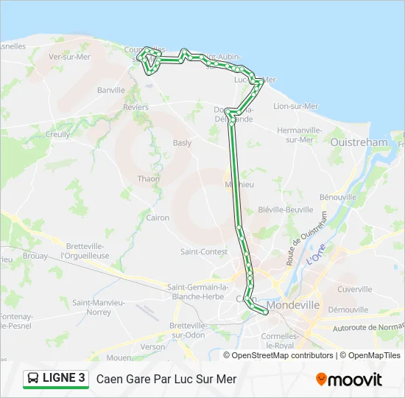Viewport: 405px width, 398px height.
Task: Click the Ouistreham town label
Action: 359,142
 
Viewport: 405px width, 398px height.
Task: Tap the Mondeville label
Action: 293,304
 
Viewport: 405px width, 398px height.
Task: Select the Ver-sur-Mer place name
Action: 69,57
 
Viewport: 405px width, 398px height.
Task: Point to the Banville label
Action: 111,91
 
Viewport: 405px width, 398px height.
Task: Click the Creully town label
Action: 57,134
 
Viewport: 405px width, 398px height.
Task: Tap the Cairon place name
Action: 158,217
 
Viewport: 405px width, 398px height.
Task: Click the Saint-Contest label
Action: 203,251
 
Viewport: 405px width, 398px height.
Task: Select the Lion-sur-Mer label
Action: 295,106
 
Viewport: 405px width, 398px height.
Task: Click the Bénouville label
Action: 338,197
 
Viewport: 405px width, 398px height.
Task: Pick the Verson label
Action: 153,346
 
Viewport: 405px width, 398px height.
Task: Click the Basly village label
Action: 182,143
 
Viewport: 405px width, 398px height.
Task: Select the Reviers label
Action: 135,108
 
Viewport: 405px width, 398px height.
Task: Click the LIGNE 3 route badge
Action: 55,379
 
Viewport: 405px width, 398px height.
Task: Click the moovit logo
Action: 349,380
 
